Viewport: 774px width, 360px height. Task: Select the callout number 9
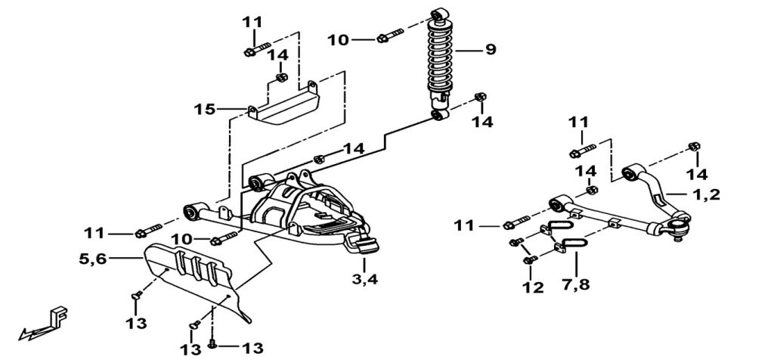[491, 51]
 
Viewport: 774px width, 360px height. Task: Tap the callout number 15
[204, 110]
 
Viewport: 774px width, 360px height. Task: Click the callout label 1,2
[707, 194]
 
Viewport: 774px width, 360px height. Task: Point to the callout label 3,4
[364, 280]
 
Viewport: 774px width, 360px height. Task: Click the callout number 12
[532, 287]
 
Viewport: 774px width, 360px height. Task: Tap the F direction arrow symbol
[45, 321]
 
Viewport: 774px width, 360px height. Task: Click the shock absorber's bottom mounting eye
[438, 115]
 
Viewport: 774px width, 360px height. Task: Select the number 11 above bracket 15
[251, 23]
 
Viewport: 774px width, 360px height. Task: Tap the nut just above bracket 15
[282, 76]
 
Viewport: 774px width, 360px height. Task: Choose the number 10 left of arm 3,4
[181, 240]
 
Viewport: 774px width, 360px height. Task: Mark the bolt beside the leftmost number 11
[148, 229]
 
